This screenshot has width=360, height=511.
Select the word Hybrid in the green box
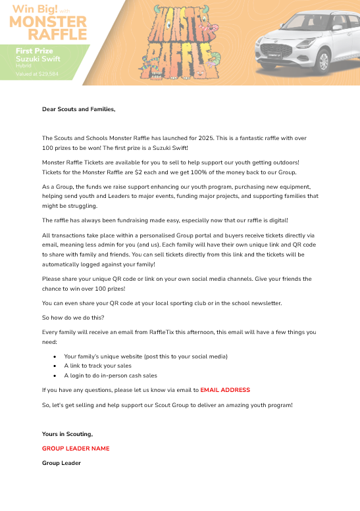[x=24, y=66]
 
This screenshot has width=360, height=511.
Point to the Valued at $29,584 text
[x=37, y=74]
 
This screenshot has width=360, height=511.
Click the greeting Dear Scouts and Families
[x=78, y=109]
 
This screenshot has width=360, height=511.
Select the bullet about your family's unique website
[x=145, y=356]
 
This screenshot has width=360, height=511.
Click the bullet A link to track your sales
[x=97, y=366]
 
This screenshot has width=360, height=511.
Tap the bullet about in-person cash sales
[x=111, y=376]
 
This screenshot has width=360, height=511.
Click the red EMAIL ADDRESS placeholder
[x=225, y=390]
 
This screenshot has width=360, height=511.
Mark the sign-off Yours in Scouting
[x=67, y=434]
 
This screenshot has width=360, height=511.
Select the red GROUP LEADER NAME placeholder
[x=76, y=449]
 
